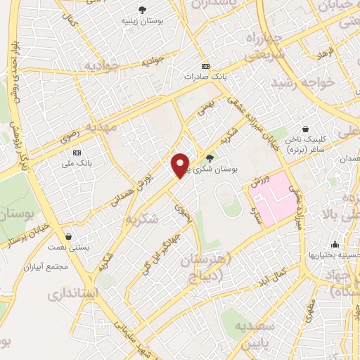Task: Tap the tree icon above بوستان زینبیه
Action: point(143,10)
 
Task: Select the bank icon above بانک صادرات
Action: point(205,66)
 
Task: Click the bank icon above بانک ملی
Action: point(77,153)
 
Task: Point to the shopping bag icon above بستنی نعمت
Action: point(68,236)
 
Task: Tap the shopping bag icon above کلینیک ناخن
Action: point(306,129)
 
